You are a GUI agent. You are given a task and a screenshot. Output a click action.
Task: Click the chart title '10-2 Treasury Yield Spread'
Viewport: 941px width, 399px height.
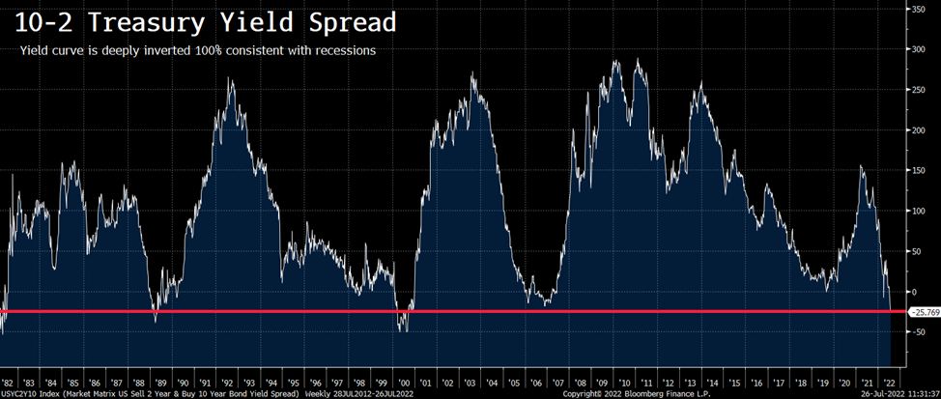coord(192,20)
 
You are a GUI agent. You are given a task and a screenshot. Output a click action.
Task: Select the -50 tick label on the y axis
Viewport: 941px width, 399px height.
coord(920,331)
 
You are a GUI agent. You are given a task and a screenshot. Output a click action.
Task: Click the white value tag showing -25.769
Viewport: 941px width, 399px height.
coord(923,312)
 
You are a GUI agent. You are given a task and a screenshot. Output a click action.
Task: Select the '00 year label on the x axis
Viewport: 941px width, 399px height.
coord(410,383)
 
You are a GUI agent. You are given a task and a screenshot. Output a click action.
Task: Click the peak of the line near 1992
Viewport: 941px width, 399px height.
coord(230,79)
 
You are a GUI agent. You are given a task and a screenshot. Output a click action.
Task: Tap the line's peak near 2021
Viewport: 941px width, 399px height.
coord(861,166)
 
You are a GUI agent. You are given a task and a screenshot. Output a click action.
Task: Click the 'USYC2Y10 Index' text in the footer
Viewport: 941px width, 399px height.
coord(30,394)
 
